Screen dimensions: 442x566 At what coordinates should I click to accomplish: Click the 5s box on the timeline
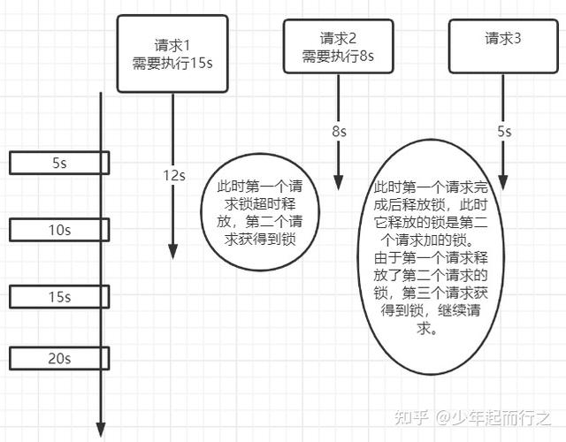pos(59,163)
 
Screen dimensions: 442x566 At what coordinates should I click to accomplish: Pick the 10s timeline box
pos(59,230)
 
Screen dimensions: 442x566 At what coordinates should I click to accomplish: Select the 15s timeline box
pos(59,297)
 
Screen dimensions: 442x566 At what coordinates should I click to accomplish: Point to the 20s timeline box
pos(59,358)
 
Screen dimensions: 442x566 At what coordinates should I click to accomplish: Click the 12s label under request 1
pos(174,175)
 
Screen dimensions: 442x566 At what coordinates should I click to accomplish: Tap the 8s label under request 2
pos(339,131)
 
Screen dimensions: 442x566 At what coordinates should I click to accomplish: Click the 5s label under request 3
pos(503,131)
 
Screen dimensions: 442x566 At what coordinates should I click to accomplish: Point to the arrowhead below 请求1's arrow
pos(173,251)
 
